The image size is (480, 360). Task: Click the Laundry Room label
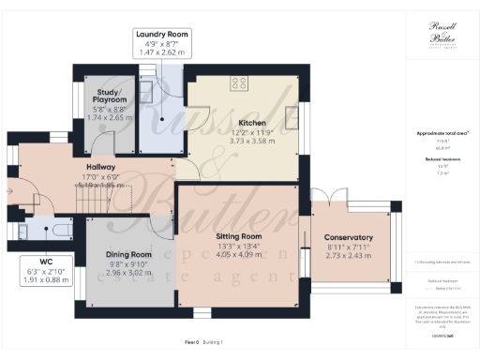(162, 35)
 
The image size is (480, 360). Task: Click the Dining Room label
(128, 254)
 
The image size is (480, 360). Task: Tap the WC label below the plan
(44, 261)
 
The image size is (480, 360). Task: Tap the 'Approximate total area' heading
(441, 134)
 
